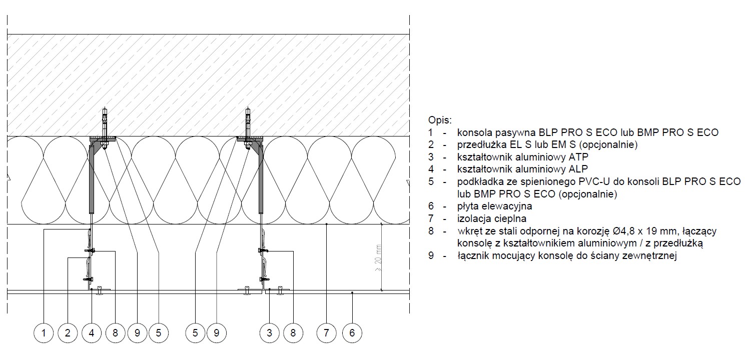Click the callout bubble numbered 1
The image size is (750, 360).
(x=44, y=333)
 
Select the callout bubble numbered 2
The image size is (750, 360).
(x=68, y=333)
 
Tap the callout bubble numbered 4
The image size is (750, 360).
(x=92, y=333)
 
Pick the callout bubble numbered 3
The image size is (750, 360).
(x=270, y=333)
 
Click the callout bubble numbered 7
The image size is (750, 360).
(x=326, y=333)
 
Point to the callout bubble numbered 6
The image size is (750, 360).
(x=352, y=333)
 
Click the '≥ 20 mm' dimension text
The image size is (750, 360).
(x=378, y=257)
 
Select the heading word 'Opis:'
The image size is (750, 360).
(x=440, y=120)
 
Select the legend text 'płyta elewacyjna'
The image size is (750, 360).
(x=494, y=206)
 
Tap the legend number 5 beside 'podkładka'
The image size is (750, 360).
(x=431, y=181)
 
